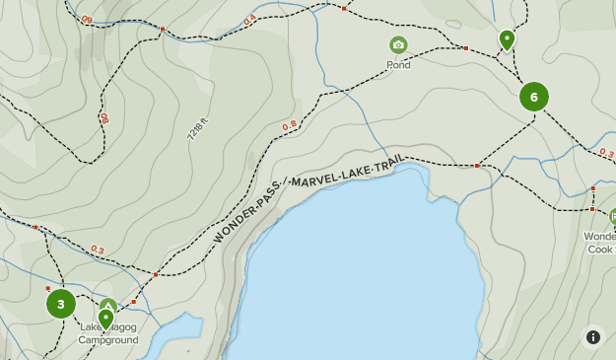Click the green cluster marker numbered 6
click(534, 97)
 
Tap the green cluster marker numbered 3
click(61, 304)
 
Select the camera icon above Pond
click(398, 45)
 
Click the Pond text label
click(398, 65)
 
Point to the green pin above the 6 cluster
click(507, 39)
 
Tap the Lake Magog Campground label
click(108, 334)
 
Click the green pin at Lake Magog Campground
click(105, 318)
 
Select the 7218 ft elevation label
click(198, 129)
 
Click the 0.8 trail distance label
click(290, 125)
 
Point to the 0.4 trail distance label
click(249, 19)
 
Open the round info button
click(593, 337)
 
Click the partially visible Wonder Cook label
click(600, 243)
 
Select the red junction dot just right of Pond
click(466, 47)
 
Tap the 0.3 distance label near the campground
click(98, 250)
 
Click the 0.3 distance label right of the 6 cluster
click(606, 154)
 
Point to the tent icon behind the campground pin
click(109, 305)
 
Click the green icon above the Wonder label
click(612, 216)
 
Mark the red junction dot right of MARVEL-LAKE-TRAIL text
click(477, 165)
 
